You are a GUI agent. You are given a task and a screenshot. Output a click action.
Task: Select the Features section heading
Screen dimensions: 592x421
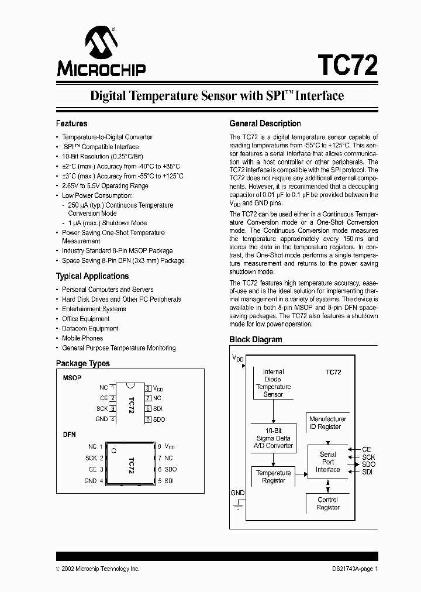(x=71, y=123)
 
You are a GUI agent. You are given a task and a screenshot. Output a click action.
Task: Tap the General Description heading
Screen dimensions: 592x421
(x=265, y=123)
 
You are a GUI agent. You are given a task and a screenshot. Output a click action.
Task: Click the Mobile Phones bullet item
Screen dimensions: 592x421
(x=82, y=338)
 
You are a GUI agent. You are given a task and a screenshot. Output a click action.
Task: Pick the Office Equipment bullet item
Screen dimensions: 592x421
(x=86, y=319)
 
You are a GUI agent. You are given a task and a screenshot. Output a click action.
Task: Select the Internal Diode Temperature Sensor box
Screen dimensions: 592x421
(x=273, y=383)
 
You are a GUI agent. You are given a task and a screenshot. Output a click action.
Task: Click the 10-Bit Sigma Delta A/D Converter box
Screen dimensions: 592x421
(x=274, y=438)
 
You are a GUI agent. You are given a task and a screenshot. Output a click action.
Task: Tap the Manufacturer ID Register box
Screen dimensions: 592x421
(x=327, y=423)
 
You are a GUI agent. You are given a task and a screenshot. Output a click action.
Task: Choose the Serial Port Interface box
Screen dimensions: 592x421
(x=327, y=462)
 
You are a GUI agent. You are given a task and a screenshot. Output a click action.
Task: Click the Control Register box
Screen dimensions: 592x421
(x=327, y=504)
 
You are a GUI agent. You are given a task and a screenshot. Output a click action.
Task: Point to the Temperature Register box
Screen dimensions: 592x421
(x=273, y=477)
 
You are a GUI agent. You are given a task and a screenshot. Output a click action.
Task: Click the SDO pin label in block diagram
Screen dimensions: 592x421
(x=368, y=464)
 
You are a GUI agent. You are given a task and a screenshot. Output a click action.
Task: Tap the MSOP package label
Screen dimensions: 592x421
(x=72, y=378)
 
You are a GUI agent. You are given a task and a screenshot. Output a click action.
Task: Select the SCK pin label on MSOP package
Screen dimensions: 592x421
(x=103, y=408)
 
